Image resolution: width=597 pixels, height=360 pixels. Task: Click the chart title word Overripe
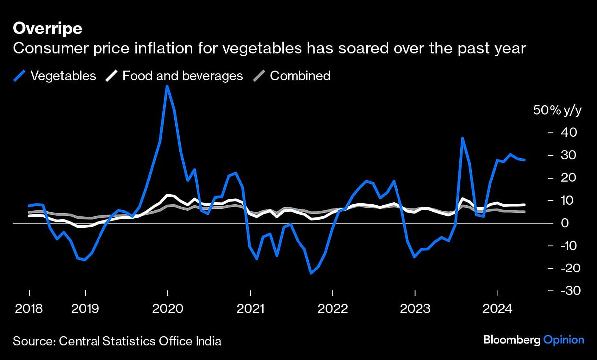coord(47,29)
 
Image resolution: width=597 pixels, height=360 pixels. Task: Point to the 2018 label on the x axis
coord(29,309)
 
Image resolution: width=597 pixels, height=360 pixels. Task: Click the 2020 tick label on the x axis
coord(168,309)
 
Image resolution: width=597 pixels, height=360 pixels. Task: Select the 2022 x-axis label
coord(333,309)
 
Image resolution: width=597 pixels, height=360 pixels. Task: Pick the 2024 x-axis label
coord(497,309)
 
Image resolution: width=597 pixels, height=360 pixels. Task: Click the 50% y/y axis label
coord(557,111)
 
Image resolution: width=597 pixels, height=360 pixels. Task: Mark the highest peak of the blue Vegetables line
coord(167,86)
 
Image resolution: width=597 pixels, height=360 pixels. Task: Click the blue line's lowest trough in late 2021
coord(311,273)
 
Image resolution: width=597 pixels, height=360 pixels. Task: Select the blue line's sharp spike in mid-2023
coord(463,138)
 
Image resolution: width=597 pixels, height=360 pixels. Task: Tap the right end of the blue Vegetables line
coord(525,160)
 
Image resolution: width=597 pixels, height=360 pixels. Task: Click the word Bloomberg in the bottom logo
coord(511,340)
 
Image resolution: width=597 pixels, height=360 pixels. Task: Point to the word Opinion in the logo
coord(563,340)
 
